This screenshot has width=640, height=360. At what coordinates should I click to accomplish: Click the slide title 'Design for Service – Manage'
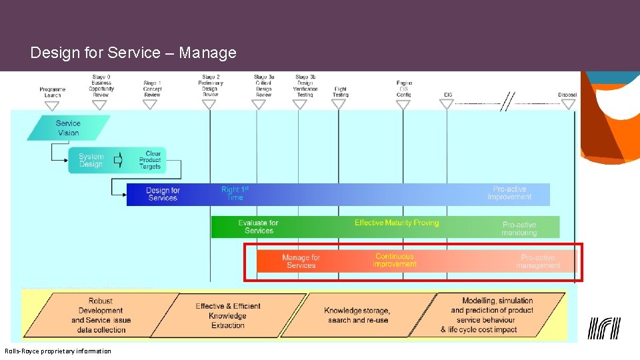point(133,53)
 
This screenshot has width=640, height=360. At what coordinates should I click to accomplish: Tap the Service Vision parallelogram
point(68,128)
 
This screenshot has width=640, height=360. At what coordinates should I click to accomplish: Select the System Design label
point(91,161)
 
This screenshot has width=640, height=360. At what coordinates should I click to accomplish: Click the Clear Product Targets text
point(151,161)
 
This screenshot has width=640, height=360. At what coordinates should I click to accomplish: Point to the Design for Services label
point(163,194)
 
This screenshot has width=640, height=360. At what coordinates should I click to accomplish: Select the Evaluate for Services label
point(259,227)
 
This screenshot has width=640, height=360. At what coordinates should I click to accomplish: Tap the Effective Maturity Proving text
point(397,223)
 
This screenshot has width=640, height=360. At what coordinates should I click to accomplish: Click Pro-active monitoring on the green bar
point(519,229)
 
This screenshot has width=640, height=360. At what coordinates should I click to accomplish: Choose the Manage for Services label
point(301,261)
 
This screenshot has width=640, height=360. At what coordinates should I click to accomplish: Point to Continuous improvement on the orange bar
point(395,260)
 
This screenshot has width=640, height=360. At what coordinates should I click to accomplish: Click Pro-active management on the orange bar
point(538,261)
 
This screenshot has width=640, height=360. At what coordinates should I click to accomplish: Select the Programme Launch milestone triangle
point(52,105)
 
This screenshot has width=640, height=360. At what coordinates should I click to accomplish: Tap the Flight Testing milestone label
point(340,92)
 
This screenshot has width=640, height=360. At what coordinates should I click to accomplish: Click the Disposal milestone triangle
point(568,104)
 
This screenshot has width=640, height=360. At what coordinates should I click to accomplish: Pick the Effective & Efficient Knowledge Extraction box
point(228,316)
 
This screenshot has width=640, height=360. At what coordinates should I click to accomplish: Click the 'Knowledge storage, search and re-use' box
point(357,315)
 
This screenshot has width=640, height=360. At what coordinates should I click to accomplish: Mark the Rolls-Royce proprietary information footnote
point(58,351)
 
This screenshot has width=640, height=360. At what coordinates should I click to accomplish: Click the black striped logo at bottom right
point(604,328)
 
